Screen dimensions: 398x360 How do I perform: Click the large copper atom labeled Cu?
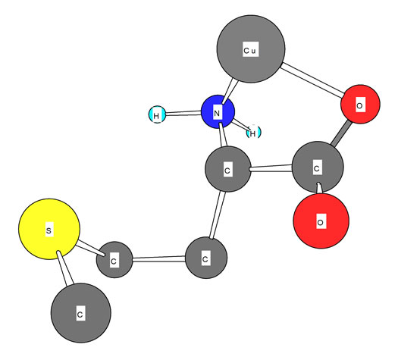point(251,49)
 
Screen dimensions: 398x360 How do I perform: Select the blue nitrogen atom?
point(218,112)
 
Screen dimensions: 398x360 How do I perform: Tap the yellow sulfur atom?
point(49,229)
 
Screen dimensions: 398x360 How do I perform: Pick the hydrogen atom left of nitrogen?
point(157,114)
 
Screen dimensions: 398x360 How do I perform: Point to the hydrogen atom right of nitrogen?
point(253,132)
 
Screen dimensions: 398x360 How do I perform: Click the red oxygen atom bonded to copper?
point(360,105)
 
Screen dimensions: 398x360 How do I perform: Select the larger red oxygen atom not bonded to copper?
point(321,221)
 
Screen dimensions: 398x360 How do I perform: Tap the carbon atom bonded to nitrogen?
point(228,169)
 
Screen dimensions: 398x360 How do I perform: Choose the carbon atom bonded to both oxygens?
point(318,167)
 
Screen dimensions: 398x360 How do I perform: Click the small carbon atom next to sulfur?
point(114,259)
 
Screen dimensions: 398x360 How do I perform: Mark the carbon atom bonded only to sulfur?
point(81,313)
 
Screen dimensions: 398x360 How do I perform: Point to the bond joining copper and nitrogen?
point(230,92)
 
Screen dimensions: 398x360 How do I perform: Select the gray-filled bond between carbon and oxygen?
point(341,133)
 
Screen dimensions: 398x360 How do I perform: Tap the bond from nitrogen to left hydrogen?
point(183,113)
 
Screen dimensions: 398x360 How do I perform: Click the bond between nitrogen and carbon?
point(224,135)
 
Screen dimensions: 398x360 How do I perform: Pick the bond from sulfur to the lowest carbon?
point(65,268)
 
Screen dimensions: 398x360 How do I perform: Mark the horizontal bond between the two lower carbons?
point(159,259)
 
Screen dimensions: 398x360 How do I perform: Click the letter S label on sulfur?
point(49,230)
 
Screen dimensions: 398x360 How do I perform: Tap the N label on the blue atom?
point(217,113)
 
